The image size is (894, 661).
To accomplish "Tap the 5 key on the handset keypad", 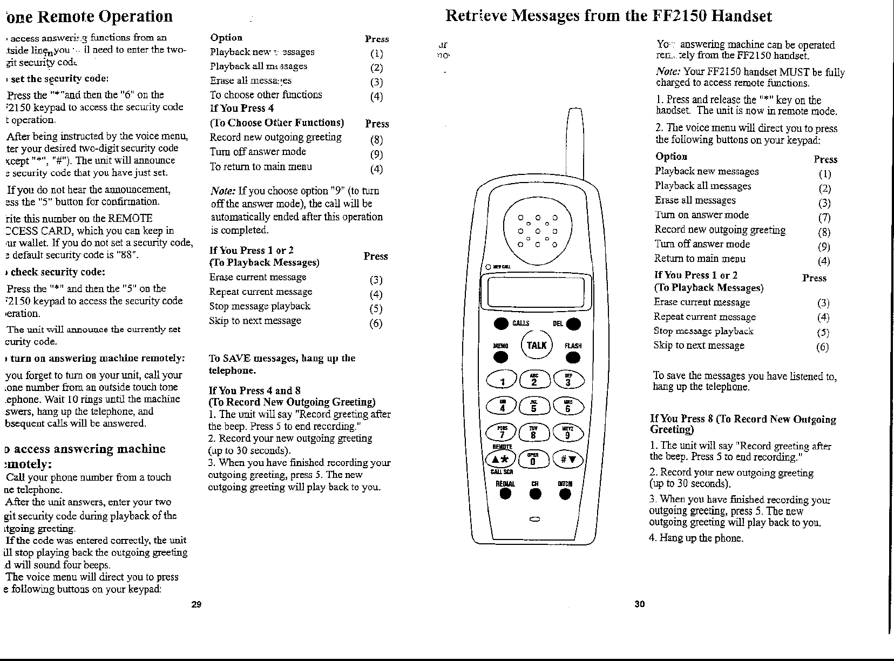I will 533,407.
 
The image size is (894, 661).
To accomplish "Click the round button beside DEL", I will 573,324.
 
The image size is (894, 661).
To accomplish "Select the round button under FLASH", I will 573,358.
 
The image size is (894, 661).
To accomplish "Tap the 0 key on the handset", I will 533,460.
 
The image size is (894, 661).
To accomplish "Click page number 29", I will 196,604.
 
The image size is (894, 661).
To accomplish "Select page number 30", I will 639,604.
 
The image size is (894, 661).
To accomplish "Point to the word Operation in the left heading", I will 136,17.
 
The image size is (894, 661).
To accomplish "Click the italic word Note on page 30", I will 667,72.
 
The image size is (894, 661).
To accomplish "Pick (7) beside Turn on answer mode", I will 824,218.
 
